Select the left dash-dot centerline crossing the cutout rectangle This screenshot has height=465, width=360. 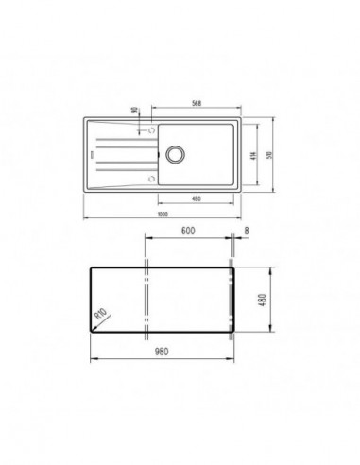(x=146, y=301)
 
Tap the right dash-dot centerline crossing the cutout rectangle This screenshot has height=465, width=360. (x=231, y=301)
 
